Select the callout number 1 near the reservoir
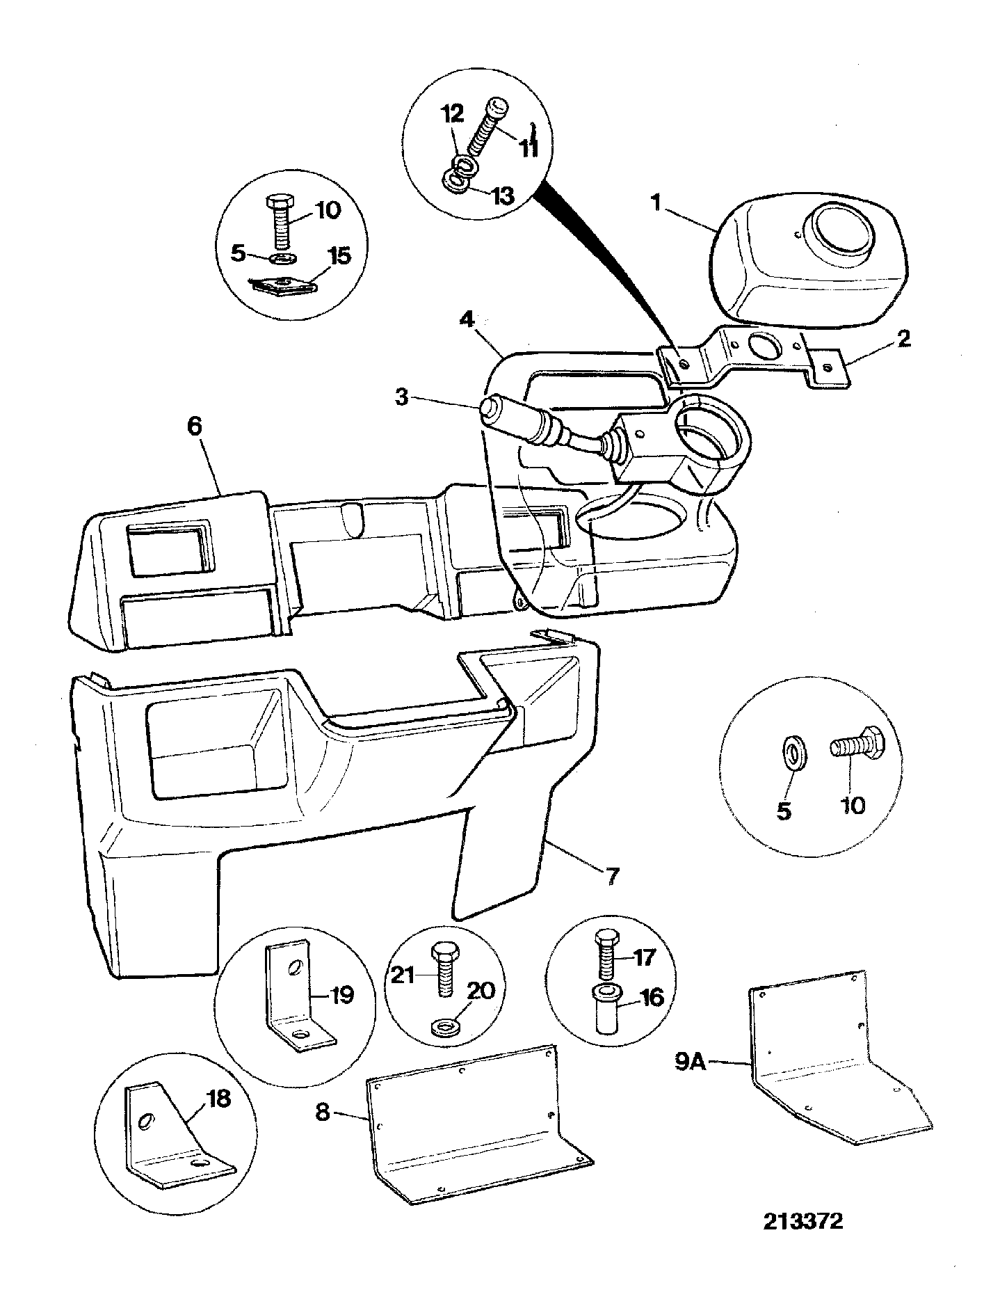tap(654, 204)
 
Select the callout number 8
tap(322, 1112)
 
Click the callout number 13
tap(502, 196)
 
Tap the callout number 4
tap(468, 321)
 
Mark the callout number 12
tap(454, 113)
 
